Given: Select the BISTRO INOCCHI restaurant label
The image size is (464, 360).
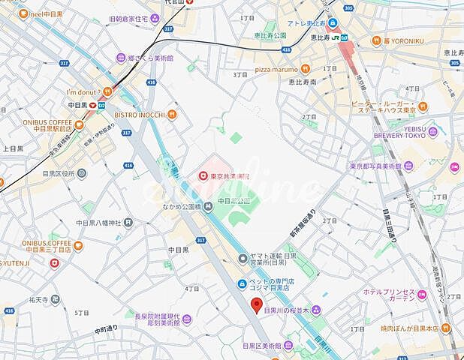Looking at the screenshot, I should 140,114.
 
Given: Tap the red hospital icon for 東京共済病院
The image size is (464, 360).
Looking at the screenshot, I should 203,175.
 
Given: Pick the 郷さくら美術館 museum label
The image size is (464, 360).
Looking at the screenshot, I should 150,58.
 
